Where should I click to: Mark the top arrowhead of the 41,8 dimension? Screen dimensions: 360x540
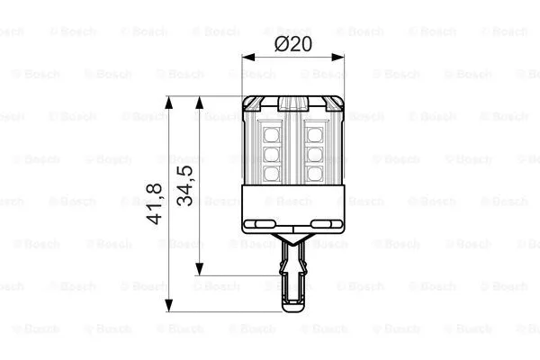(167, 102)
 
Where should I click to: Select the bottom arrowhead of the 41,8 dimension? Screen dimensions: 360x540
(167, 307)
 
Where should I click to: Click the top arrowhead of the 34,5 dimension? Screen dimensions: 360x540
(201, 102)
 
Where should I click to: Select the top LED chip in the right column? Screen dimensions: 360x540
(314, 134)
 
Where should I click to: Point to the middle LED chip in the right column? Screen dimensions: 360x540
(314, 153)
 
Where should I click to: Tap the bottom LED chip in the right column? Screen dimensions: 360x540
(314, 172)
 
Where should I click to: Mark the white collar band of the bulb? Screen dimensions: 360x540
(293, 207)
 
